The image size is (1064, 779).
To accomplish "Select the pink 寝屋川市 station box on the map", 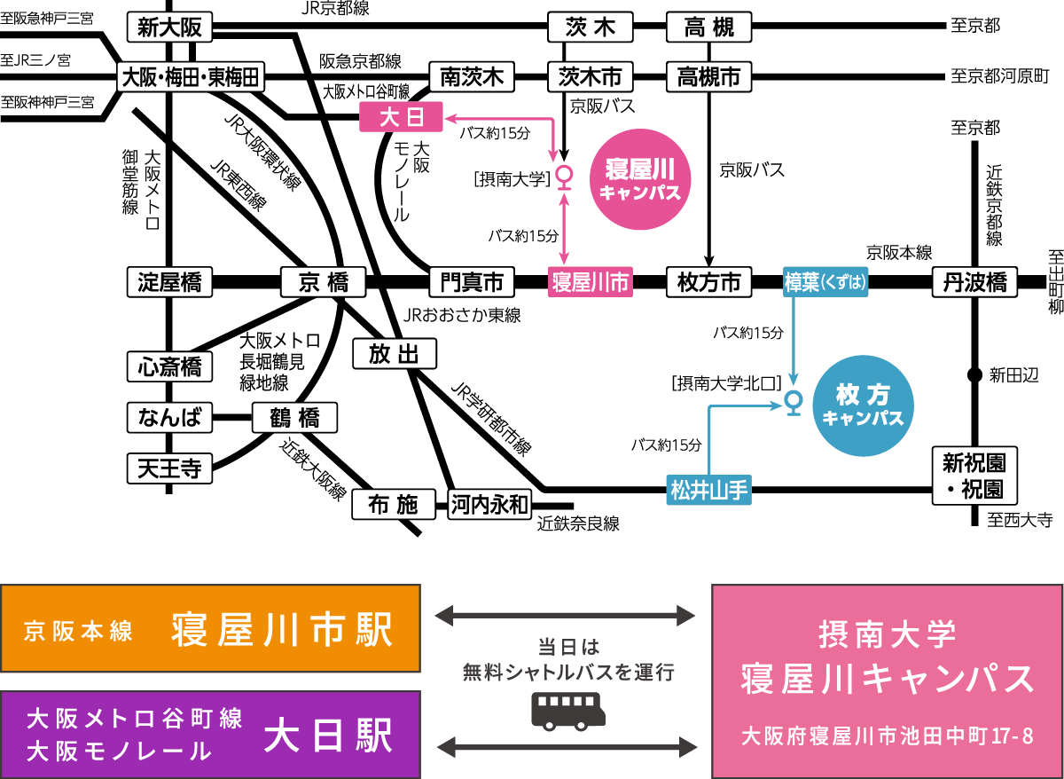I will pyautogui.click(x=590, y=282).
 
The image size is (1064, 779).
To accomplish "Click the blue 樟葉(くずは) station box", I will pyautogui.click(x=825, y=282).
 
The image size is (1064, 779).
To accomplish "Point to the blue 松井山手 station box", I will pyautogui.click(x=708, y=489).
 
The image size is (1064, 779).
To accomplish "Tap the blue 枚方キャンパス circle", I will pyautogui.click(x=863, y=405).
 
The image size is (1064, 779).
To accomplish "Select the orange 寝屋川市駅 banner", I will pyautogui.click(x=210, y=629).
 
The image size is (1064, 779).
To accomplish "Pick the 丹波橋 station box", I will pyautogui.click(x=974, y=282).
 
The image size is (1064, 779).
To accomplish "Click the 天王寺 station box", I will pyautogui.click(x=169, y=468).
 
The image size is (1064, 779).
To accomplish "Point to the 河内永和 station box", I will pyautogui.click(x=489, y=505).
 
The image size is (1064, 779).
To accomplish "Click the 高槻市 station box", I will pyautogui.click(x=708, y=77).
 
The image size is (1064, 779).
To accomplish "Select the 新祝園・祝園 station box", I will pyautogui.click(x=974, y=475).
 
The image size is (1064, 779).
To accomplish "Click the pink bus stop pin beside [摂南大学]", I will pyautogui.click(x=563, y=177).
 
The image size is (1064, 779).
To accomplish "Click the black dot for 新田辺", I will pyautogui.click(x=974, y=374).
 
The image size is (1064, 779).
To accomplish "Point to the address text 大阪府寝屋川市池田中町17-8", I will pyautogui.click(x=888, y=736).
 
